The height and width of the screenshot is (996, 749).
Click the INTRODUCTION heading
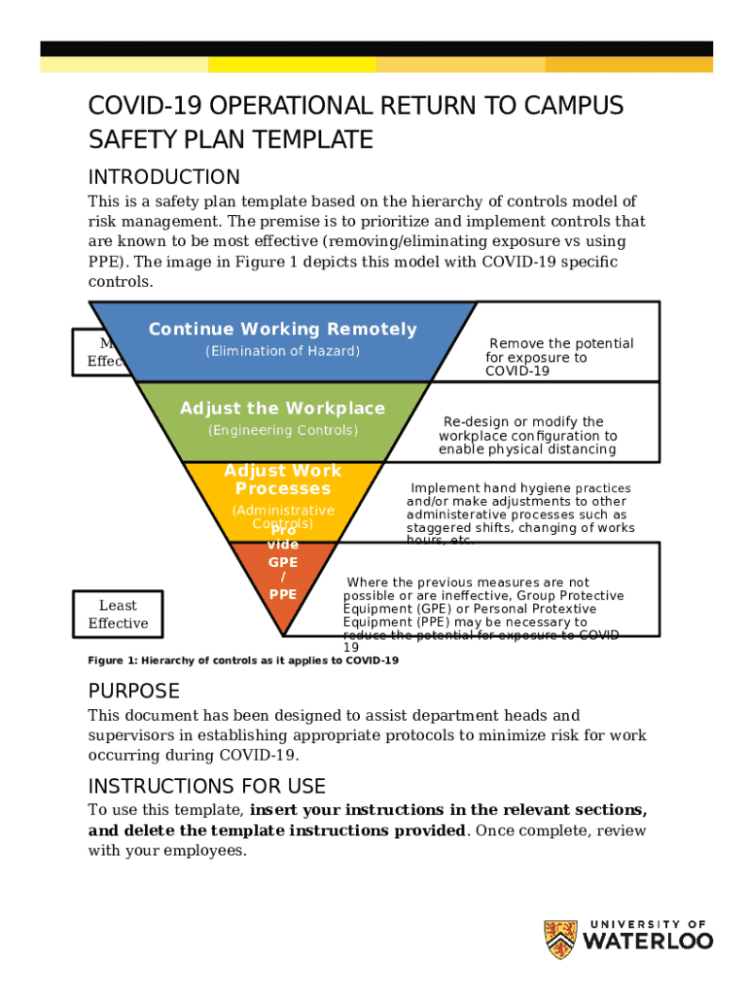tap(163, 177)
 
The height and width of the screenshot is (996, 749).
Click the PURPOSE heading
tap(134, 692)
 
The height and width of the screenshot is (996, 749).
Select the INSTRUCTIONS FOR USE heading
tap(206, 786)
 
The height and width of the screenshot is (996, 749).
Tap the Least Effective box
tap(118, 615)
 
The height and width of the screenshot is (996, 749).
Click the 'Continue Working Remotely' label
tap(282, 330)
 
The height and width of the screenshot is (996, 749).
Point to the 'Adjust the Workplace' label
tap(282, 409)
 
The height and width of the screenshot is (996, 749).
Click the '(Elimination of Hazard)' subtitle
tap(282, 351)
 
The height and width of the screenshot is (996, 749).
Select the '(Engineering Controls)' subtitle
tap(282, 430)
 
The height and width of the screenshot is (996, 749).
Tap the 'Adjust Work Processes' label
tap(282, 480)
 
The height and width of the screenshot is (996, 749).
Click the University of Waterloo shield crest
tap(559, 940)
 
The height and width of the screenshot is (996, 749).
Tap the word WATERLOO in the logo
tap(648, 942)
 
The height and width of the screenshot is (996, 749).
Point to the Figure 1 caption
tap(243, 661)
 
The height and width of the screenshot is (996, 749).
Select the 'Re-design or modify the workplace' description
tap(527, 436)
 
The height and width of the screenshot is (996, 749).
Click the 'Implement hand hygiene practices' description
tap(520, 515)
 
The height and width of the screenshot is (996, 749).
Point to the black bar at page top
tap(375, 49)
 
